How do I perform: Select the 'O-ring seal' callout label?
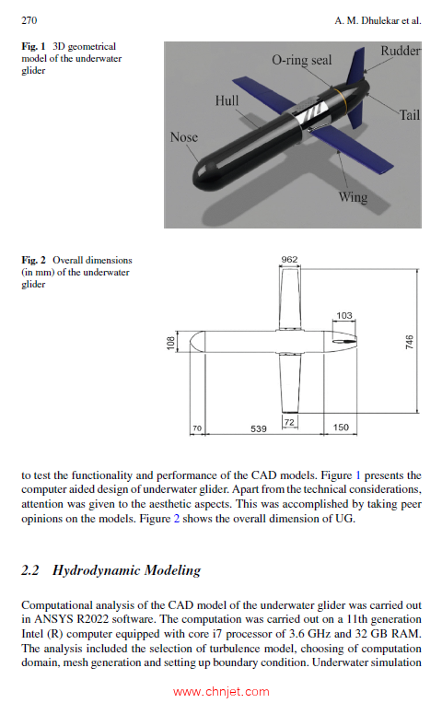pos(301,60)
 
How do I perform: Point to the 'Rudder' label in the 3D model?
pos(401,52)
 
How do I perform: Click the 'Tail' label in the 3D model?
pos(409,115)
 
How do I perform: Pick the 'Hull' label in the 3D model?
pos(227,100)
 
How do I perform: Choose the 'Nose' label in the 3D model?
pos(184,137)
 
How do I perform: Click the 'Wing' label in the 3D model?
pos(353,197)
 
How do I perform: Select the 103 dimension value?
pos(344,316)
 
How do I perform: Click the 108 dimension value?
pos(169,342)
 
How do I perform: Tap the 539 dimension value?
pos(260,428)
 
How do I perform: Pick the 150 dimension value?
pos(342,428)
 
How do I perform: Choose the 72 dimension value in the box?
pos(288,422)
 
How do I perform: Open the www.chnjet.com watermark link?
pos(221,692)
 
